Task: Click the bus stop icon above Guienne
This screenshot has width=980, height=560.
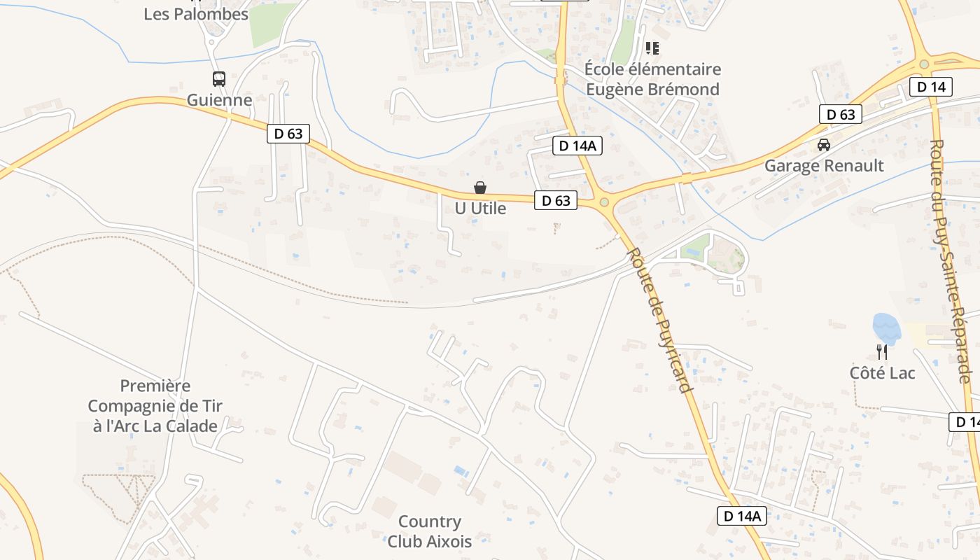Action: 219,78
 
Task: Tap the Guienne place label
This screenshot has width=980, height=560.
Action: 219,100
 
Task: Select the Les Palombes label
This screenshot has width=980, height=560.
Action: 196,14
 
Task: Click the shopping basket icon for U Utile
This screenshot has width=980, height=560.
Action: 480,188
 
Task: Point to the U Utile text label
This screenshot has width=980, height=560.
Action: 480,209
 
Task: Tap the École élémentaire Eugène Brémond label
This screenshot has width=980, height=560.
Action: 652,80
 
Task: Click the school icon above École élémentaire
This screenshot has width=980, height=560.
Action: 652,48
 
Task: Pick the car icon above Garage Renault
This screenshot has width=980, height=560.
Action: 824,145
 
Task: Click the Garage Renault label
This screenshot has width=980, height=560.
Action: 824,166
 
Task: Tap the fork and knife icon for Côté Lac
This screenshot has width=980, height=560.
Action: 882,351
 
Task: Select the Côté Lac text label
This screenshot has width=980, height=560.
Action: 882,373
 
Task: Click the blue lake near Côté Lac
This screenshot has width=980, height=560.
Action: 886,327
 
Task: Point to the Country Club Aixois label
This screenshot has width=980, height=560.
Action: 430,531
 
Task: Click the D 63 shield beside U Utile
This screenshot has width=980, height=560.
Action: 556,201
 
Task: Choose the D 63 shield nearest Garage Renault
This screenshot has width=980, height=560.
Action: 841,114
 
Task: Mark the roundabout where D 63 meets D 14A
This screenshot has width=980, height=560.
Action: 604,202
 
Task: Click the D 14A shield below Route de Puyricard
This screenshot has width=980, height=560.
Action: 742,517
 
